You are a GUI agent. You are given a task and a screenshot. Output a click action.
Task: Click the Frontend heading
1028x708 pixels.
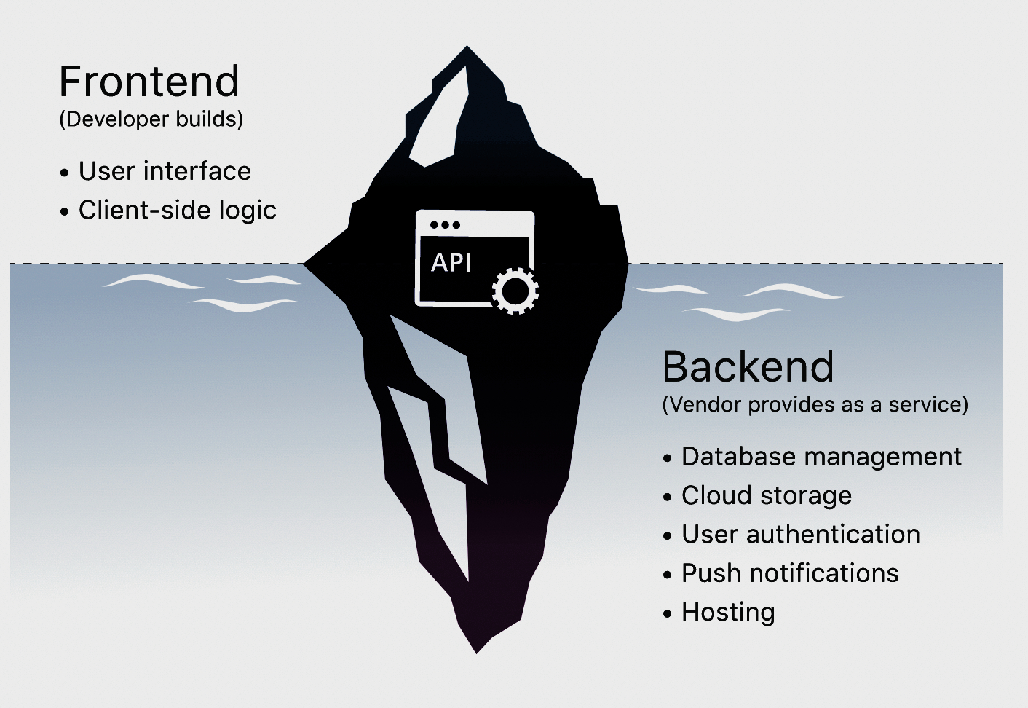pos(149,81)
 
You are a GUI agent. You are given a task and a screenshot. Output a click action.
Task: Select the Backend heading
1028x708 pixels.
pos(748,366)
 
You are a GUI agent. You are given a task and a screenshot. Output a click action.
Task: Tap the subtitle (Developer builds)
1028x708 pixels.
pos(151,119)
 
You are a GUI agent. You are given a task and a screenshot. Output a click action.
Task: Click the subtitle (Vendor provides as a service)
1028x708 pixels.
pos(815,404)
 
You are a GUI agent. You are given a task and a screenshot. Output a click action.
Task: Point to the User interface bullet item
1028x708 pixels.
pos(165,171)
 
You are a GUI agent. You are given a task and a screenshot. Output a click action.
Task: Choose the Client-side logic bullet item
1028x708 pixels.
pos(177,210)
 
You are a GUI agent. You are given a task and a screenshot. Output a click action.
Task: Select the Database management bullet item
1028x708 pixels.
pos(821,457)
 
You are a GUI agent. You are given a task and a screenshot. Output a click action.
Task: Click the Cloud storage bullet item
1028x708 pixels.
pos(766,495)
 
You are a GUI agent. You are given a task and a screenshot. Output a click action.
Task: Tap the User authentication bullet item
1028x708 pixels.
pos(800,534)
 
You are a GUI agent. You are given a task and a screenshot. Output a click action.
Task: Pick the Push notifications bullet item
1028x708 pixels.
pos(790,573)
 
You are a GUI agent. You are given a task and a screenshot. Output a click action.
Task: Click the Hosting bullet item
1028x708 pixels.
pos(728,612)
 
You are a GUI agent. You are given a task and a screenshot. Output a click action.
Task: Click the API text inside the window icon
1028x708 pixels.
pos(451,262)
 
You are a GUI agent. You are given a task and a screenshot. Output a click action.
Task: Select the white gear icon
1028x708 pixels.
pos(515,291)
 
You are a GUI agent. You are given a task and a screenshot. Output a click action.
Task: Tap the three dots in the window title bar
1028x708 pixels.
pos(444,224)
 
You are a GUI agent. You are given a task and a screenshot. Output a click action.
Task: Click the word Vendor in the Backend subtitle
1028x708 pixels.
pos(705,404)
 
